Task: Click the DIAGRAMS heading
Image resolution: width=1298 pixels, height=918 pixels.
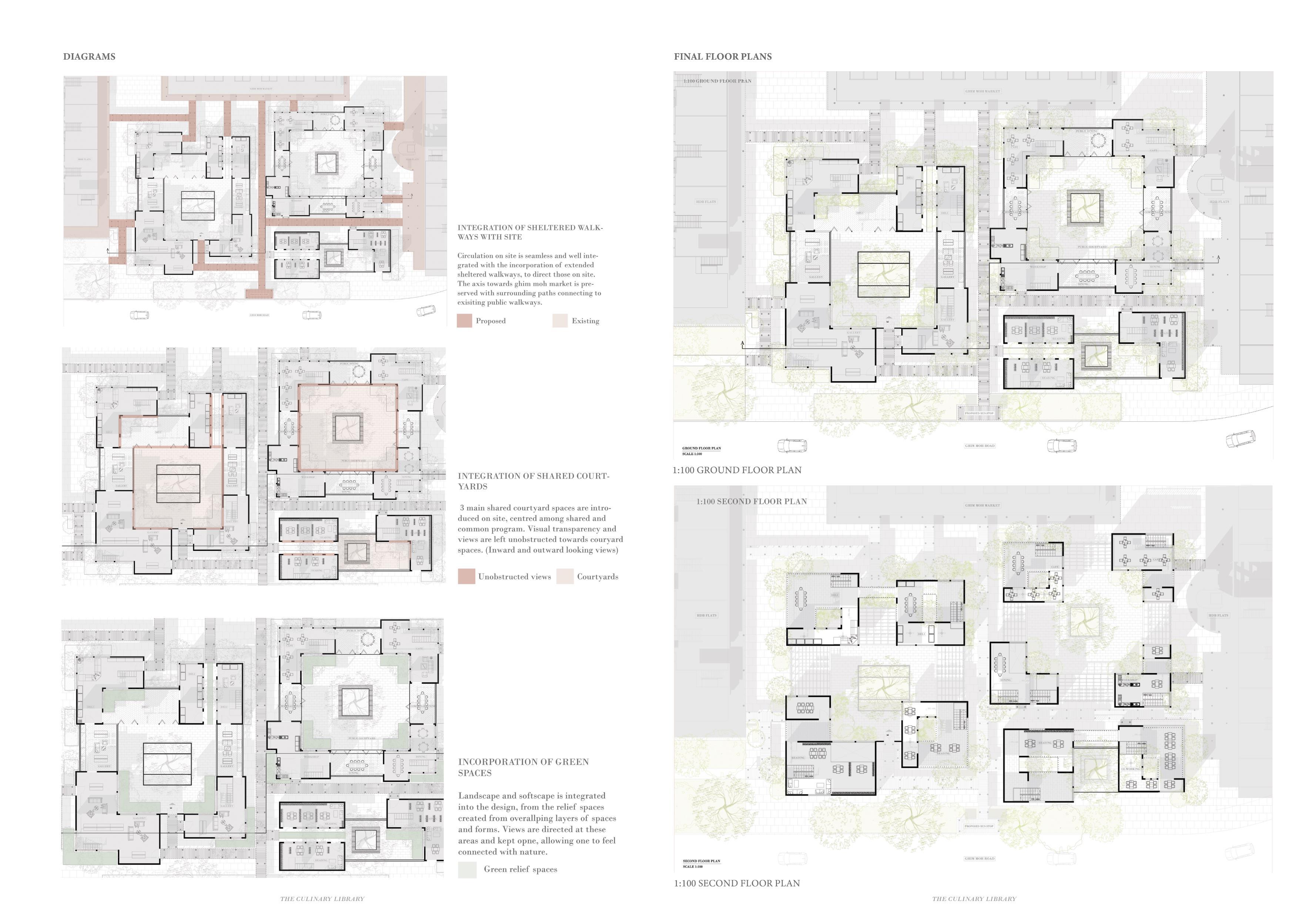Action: [89, 57]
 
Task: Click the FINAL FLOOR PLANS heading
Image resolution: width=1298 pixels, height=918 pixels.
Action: [723, 57]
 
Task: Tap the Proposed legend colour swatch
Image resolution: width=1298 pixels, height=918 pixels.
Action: [464, 321]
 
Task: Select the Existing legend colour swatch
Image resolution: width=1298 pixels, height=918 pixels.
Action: [560, 321]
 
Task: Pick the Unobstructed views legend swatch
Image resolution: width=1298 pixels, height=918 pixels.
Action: [466, 576]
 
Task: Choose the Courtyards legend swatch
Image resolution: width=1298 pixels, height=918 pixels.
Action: [565, 576]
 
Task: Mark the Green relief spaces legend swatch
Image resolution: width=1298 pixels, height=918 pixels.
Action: [467, 869]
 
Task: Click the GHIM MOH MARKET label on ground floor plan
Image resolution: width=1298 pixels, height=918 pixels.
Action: [983, 91]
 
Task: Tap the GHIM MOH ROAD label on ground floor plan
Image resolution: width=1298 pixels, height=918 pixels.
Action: [980, 446]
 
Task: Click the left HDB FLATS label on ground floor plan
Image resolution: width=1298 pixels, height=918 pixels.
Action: [706, 201]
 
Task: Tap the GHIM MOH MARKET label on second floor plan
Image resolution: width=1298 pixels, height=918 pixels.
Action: [983, 505]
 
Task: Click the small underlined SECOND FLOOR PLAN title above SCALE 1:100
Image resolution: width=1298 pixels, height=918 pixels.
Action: [701, 861]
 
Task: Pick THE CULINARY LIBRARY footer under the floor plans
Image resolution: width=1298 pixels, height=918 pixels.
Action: [974, 899]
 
